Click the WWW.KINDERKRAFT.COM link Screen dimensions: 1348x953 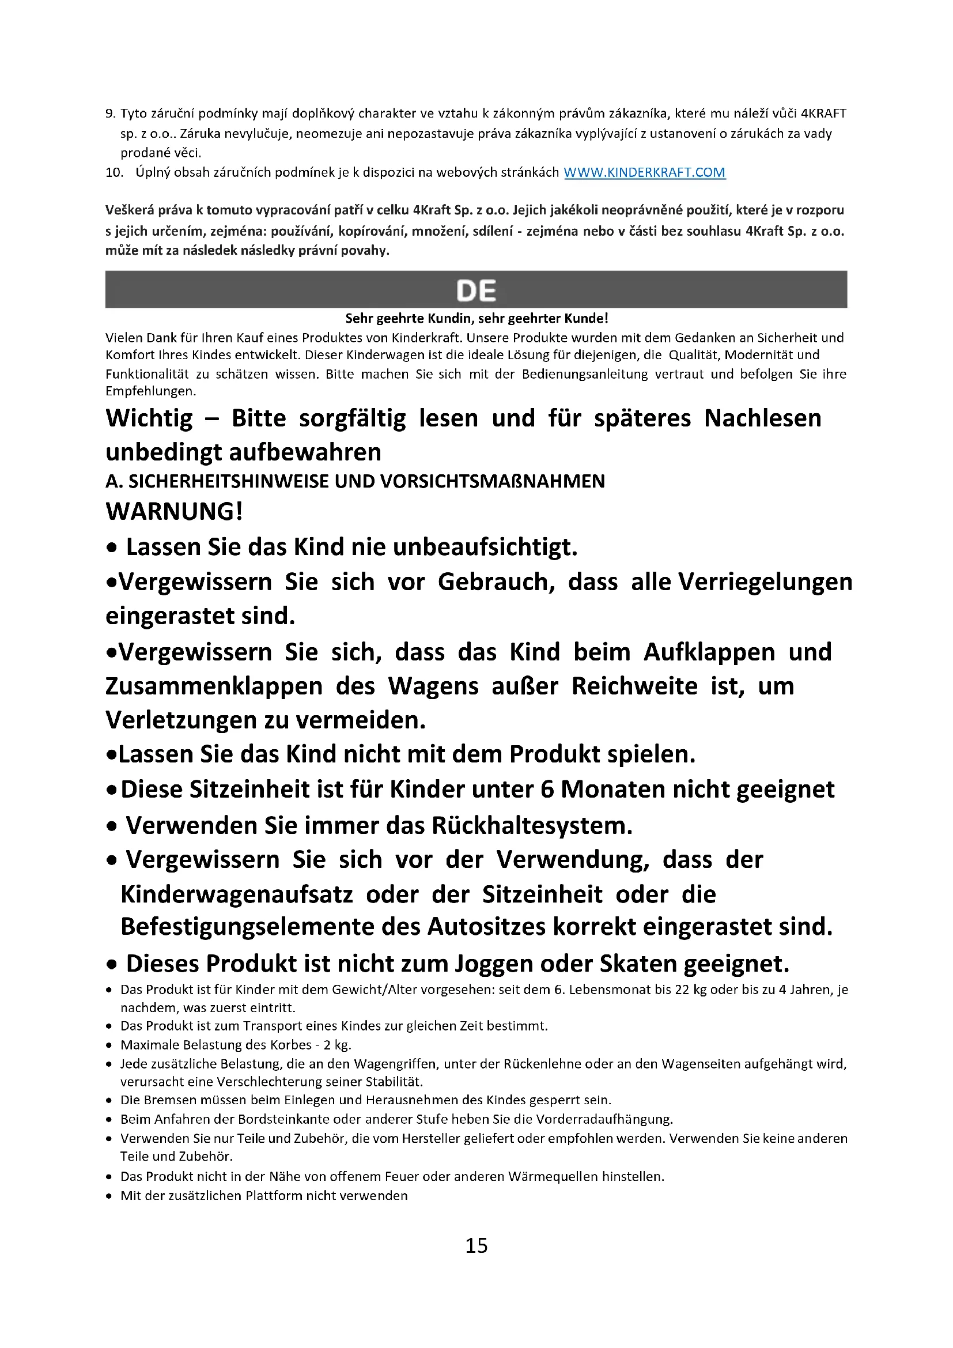644,173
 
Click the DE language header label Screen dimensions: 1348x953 476,290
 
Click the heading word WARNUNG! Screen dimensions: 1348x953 174,511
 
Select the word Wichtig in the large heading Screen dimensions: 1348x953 149,418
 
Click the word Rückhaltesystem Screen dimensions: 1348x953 532,825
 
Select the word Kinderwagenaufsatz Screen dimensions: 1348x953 236,895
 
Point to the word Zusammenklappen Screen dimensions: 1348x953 214,686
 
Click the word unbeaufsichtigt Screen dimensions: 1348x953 485,547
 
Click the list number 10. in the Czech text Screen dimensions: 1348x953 115,173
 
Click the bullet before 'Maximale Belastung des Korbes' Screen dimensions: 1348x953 109,1045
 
